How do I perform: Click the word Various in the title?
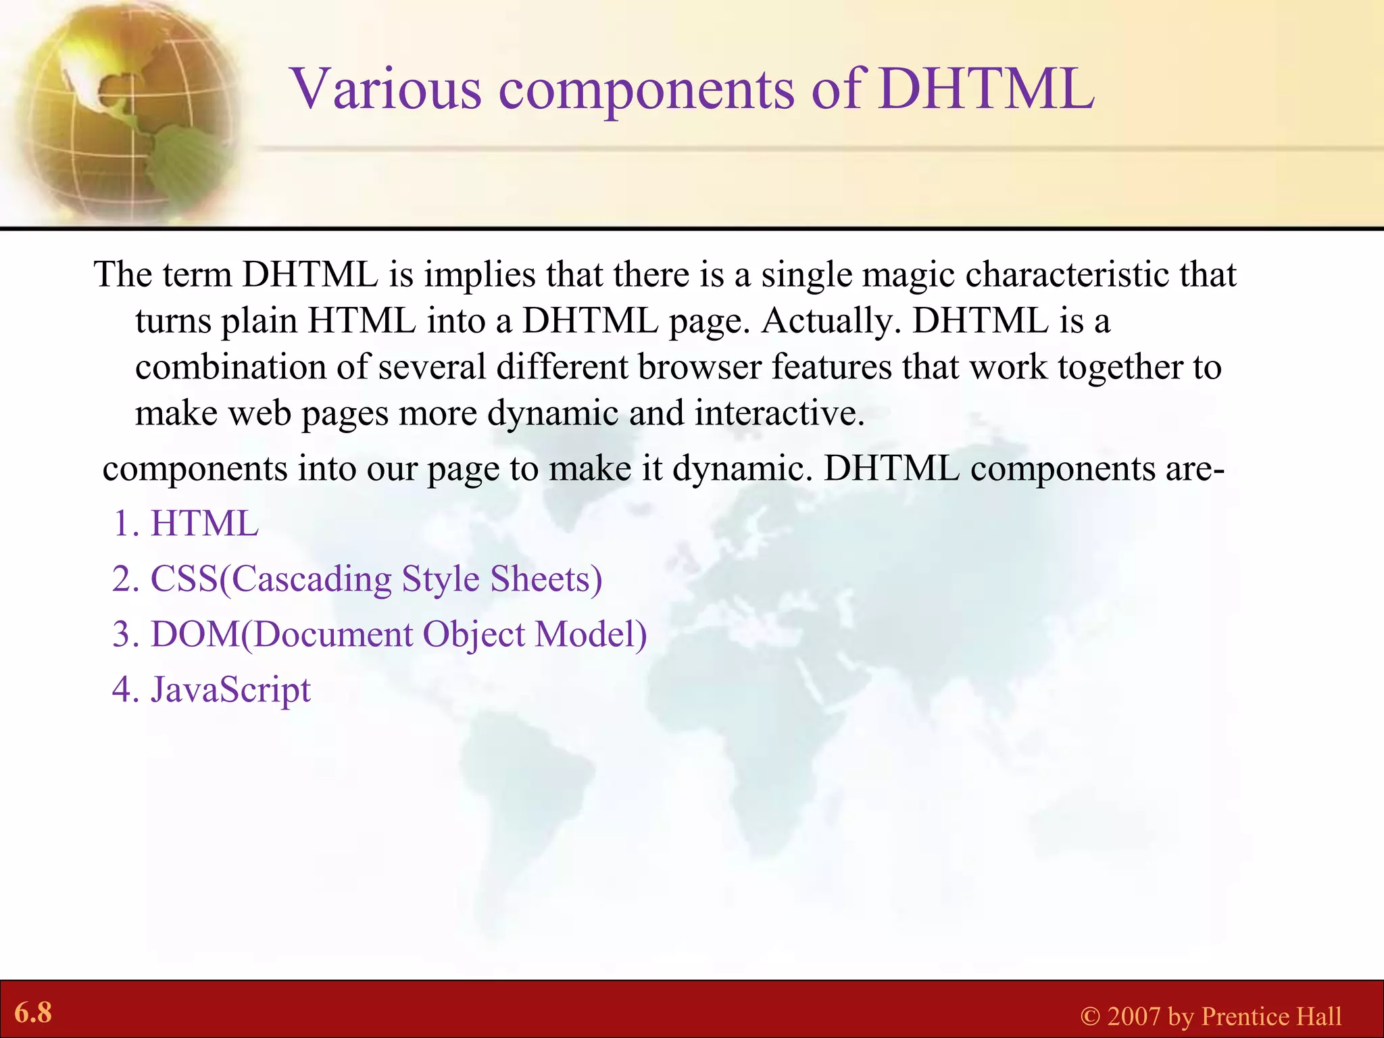pyautogui.click(x=386, y=90)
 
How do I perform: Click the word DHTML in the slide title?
pyautogui.click(x=987, y=90)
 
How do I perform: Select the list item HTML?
pyautogui.click(x=204, y=524)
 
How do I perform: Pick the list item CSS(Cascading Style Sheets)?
pyautogui.click(x=376, y=580)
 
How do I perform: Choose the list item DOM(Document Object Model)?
pyautogui.click(x=398, y=635)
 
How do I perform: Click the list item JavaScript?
pyautogui.click(x=230, y=691)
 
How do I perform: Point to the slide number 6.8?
pyautogui.click(x=33, y=1013)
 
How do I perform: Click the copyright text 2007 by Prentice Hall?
pyautogui.click(x=1223, y=1016)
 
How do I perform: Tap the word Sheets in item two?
pyautogui.click(x=545, y=580)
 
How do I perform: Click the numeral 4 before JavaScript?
pyautogui.click(x=122, y=691)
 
